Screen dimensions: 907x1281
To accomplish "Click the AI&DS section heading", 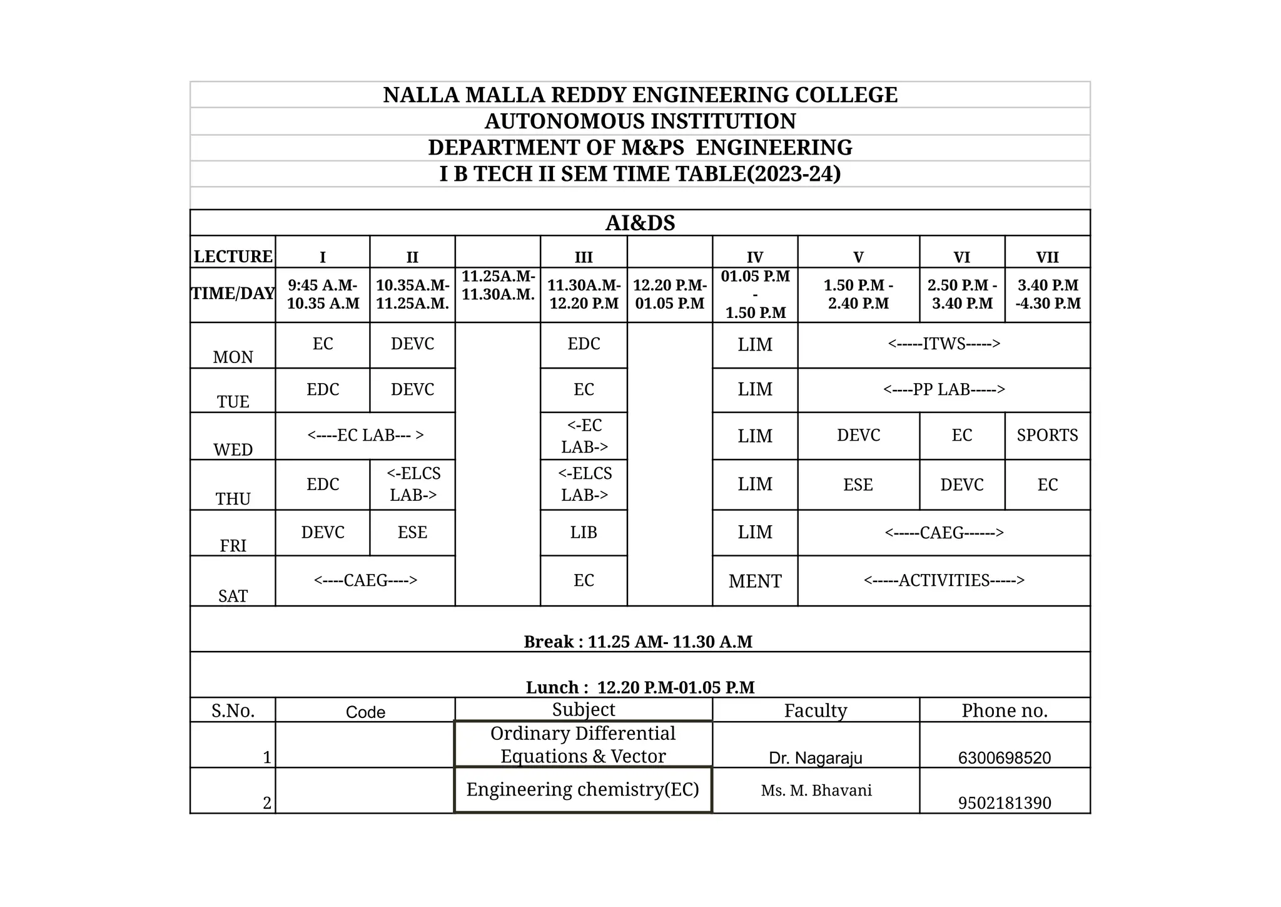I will coord(640,223).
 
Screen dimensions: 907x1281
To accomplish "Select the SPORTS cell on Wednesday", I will coord(1047,435).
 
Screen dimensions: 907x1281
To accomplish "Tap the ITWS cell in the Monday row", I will coord(943,344).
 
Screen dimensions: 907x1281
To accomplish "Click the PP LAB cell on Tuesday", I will coord(943,389).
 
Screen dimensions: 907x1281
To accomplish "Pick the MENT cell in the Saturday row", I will coord(754,581).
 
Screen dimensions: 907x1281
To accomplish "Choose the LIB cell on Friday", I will coord(583,532).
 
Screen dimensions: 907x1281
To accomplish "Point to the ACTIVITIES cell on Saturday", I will coord(943,580).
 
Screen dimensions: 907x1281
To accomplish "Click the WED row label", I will coord(233,449).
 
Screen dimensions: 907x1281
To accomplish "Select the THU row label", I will coord(233,498).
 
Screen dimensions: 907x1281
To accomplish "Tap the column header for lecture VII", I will coord(1047,257).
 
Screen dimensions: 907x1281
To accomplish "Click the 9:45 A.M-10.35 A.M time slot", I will coord(323,294).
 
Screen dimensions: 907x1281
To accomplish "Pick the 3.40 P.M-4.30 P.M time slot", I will coord(1047,294).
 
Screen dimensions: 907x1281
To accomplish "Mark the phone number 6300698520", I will coord(1004,757).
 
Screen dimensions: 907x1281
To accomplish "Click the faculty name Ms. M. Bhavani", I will coord(816,790).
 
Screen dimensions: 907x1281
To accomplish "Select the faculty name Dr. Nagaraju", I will coord(815,757).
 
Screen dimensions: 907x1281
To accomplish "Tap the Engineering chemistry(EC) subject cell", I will coord(582,789).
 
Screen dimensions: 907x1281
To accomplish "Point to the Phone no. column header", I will coord(1004,710).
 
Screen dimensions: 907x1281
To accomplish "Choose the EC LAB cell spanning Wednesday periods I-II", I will coord(365,435).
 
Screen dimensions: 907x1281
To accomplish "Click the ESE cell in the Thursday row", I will coord(858,484).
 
